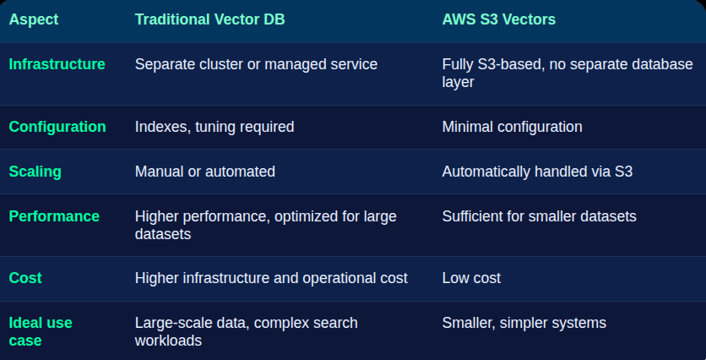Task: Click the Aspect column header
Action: point(34,19)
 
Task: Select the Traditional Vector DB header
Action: point(209,19)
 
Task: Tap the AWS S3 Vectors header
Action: point(499,19)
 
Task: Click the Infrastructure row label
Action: point(57,64)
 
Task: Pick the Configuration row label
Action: point(57,127)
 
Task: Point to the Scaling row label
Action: point(35,172)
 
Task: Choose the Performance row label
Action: point(54,216)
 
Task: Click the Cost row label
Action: point(25,278)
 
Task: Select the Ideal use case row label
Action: point(41,331)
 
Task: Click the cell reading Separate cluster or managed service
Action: point(256,64)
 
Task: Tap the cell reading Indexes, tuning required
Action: point(215,127)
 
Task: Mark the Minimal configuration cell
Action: point(513,127)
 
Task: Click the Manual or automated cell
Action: point(205,172)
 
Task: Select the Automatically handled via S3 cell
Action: point(538,172)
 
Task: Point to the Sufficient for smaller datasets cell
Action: point(540,216)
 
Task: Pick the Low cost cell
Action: point(471,278)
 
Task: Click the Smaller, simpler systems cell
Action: point(524,323)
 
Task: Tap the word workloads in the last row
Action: point(168,341)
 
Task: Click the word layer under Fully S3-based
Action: point(458,82)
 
